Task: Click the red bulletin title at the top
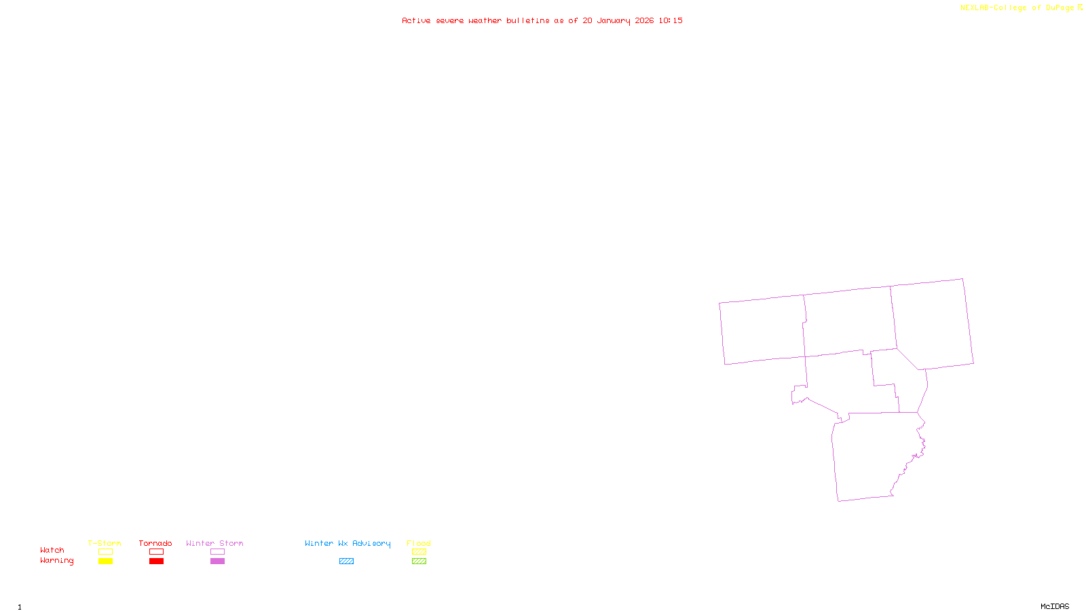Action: tap(542, 20)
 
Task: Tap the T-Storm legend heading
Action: tap(105, 543)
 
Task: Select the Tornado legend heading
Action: tap(155, 543)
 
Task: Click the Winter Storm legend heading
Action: tap(214, 543)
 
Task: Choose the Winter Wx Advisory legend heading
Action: tap(348, 543)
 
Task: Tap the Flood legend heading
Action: tap(419, 543)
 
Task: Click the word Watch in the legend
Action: tap(52, 550)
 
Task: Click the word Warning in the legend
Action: tap(57, 561)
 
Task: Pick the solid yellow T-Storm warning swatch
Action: tap(105, 561)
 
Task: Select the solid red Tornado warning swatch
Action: tap(156, 561)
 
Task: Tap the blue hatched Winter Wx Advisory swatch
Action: tap(346, 561)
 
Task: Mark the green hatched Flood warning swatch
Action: tap(419, 561)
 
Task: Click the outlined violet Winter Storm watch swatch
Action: tap(217, 552)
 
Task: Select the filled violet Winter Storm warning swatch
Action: tap(217, 561)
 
